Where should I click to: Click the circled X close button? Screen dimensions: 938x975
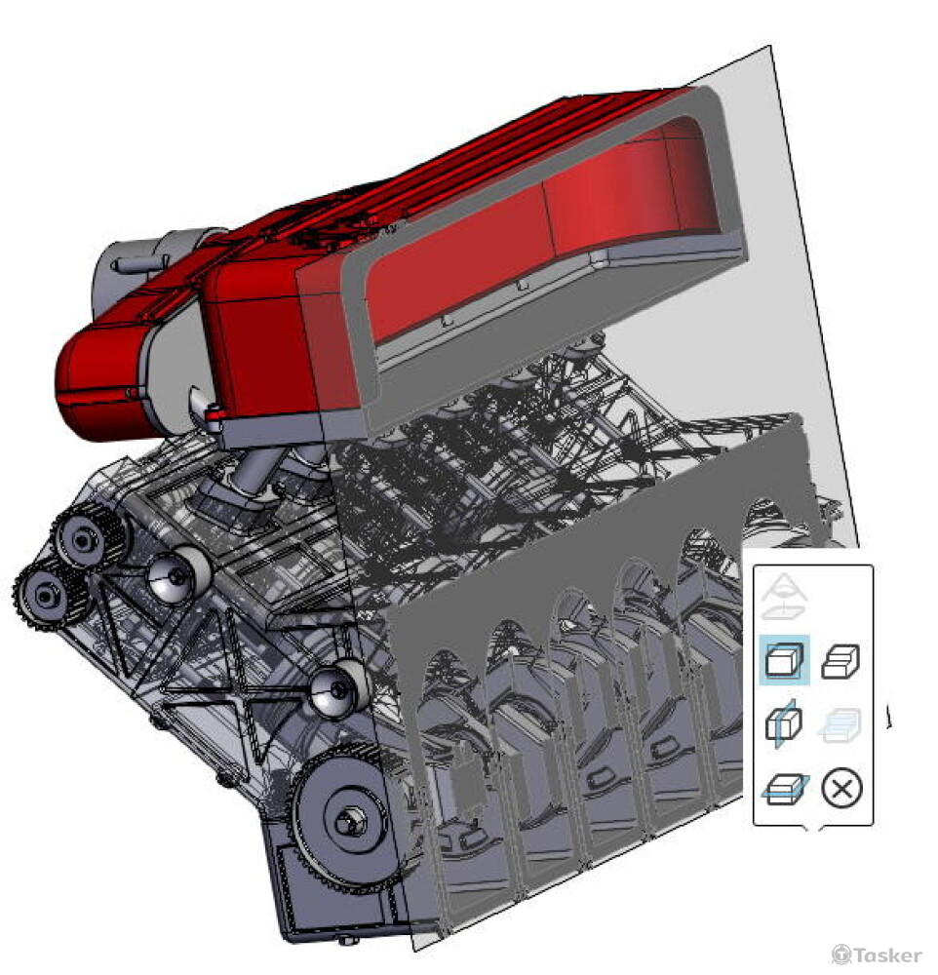click(841, 789)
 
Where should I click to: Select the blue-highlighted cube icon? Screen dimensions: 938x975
click(784, 660)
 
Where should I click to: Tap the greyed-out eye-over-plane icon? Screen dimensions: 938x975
click(784, 597)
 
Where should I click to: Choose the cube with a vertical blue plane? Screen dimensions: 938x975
click(783, 723)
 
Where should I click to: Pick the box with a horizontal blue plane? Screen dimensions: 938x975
click(785, 789)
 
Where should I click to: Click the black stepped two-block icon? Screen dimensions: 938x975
click(840, 660)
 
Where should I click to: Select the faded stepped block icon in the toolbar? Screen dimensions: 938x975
click(840, 725)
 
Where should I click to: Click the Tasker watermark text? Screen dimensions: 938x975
click(887, 955)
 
